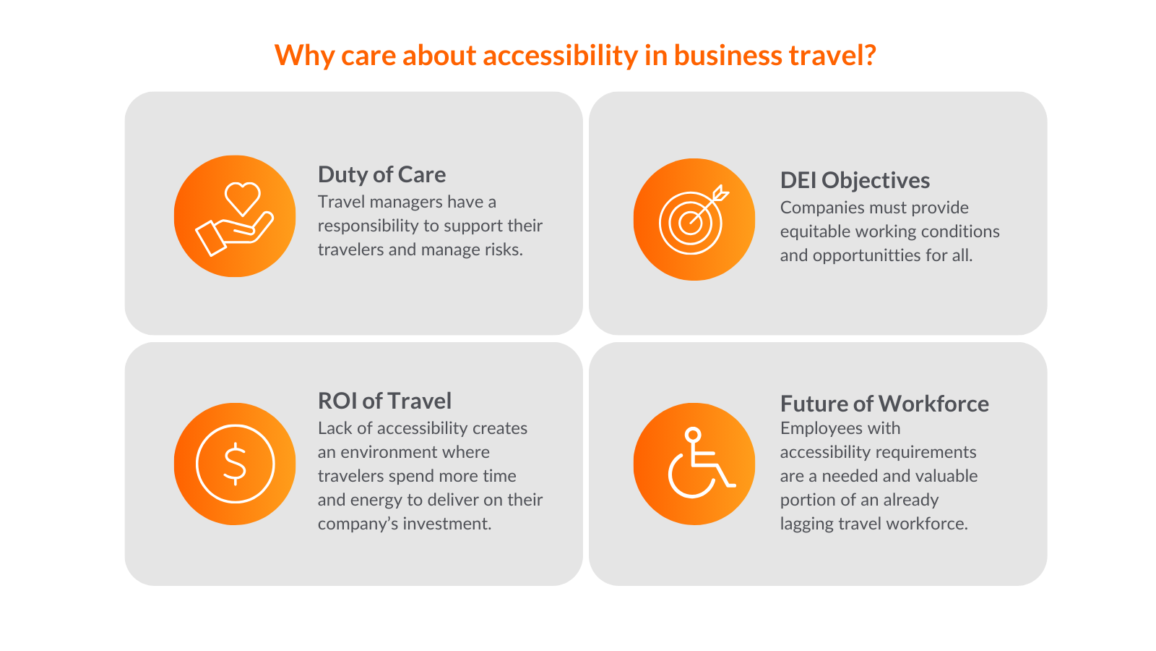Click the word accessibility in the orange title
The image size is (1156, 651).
point(560,56)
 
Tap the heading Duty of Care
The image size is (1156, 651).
point(382,174)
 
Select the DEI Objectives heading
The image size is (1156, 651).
point(855,181)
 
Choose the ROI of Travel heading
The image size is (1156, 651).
point(384,401)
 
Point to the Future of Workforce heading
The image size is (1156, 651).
point(884,404)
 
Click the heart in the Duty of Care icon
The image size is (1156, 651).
point(243,198)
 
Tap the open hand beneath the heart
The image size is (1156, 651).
point(235,234)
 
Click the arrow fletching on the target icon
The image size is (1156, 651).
point(721,193)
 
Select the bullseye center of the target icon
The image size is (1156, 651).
point(690,224)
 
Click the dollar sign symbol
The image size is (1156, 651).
point(235,464)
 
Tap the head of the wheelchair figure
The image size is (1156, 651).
point(693,435)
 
